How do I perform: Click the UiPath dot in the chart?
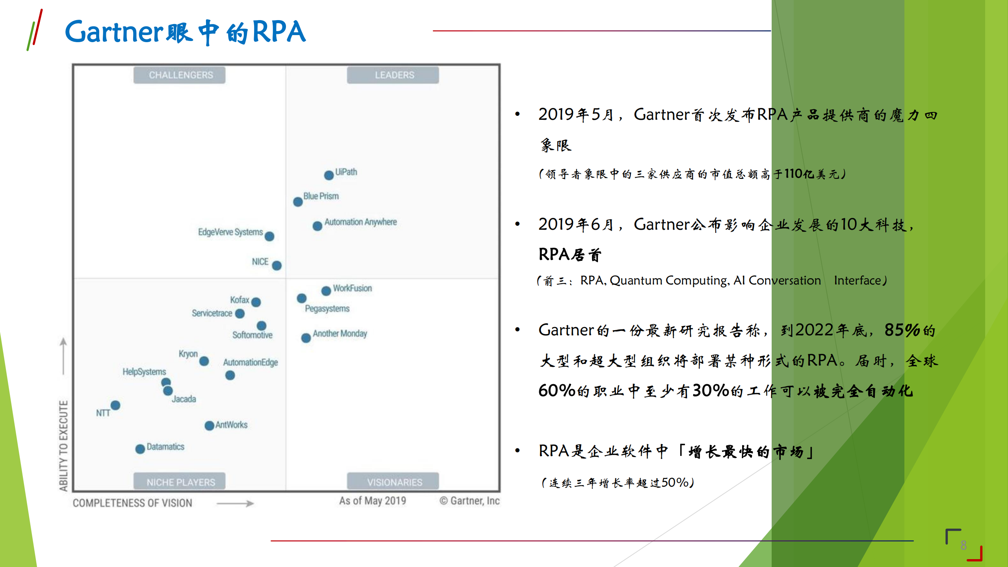329,175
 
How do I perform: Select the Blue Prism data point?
298,202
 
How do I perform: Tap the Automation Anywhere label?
360,222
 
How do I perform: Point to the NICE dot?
277,265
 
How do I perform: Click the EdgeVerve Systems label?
230,232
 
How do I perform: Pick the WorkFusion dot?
326,291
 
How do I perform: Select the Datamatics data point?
140,449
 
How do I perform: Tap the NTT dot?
115,405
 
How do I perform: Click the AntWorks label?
231,425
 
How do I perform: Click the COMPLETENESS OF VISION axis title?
132,503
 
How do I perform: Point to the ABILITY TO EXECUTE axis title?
63,445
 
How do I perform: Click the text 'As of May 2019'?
372,501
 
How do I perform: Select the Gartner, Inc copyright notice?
469,501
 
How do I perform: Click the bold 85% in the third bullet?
902,330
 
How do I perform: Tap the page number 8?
963,545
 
